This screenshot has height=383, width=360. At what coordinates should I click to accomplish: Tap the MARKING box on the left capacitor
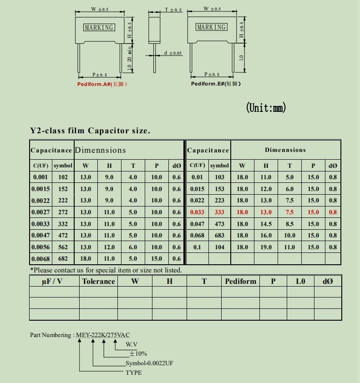[99, 28]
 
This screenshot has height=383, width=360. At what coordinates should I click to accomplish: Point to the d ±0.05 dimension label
[172, 53]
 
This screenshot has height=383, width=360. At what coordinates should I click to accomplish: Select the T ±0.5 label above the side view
[173, 10]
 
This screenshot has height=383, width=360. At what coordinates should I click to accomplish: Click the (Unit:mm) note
[266, 108]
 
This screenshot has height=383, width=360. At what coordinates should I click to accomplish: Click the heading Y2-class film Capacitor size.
[90, 131]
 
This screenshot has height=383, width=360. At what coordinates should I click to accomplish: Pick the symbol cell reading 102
[63, 177]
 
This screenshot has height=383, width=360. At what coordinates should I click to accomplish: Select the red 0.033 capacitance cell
[197, 212]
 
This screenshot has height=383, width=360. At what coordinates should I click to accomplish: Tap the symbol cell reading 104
[219, 247]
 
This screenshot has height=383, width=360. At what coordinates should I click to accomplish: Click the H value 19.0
[266, 247]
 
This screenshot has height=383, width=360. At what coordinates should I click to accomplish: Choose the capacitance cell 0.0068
[41, 259]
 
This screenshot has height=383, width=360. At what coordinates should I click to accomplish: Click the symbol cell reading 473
[219, 224]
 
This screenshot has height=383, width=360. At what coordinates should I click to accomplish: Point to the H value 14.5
[266, 224]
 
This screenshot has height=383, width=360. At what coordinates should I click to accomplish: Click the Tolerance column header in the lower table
[98, 281]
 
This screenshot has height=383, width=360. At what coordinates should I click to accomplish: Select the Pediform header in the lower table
[240, 281]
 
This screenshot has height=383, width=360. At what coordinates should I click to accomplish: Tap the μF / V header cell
[52, 281]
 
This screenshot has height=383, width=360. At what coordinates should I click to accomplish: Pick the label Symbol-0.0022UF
[149, 363]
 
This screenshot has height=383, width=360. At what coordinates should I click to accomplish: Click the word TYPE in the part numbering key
[134, 373]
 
